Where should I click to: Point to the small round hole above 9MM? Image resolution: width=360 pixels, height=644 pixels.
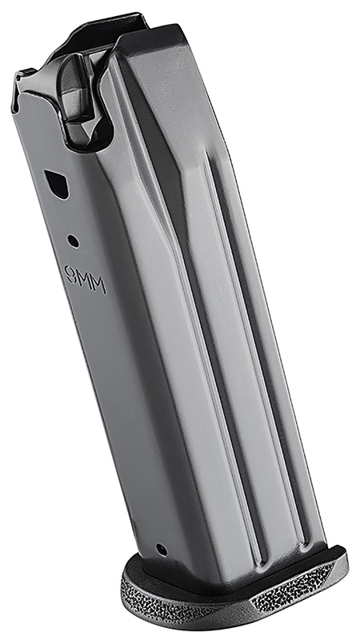coord(73,239)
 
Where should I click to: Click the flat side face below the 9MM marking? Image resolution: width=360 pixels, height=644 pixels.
coord(120,400)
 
